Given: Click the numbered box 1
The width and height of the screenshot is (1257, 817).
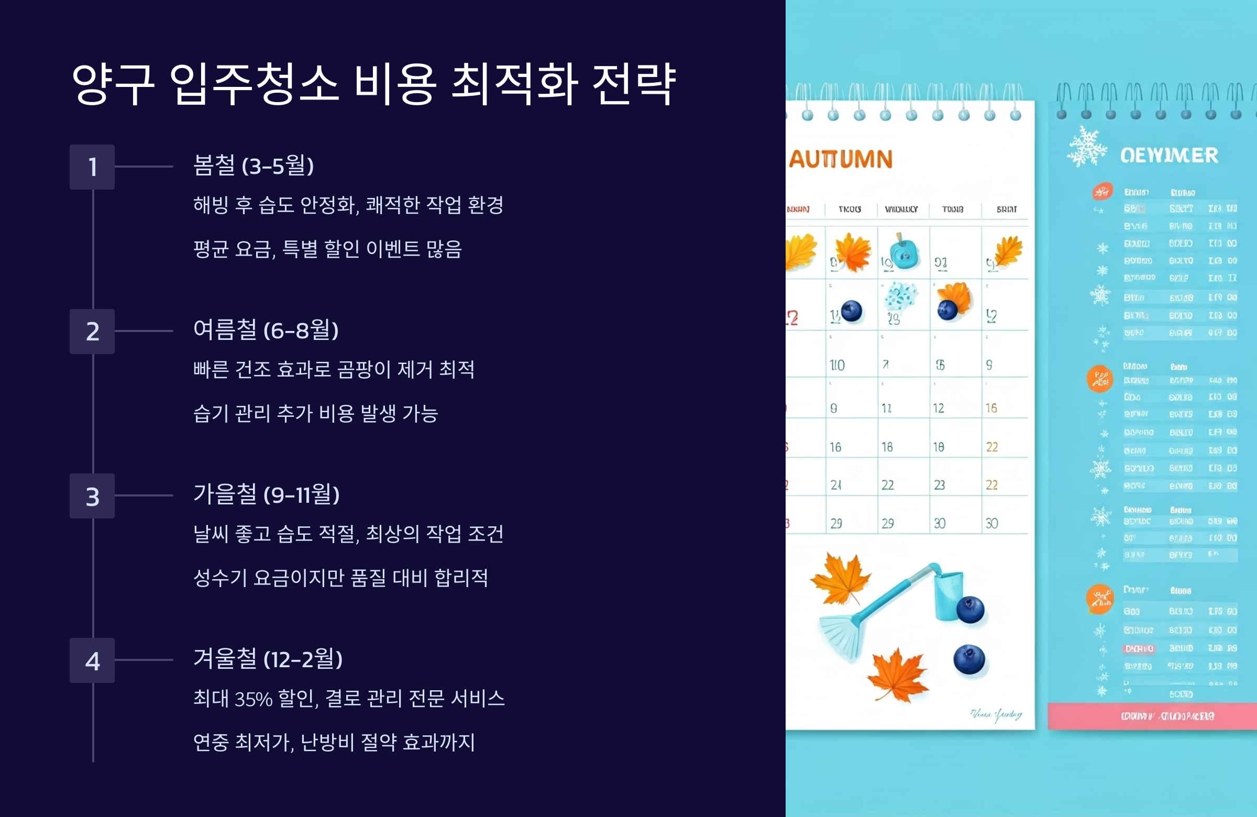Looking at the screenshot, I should [92, 167].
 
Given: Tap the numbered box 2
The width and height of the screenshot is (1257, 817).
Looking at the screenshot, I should [92, 331].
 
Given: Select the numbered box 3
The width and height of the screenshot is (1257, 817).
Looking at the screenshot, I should [92, 496].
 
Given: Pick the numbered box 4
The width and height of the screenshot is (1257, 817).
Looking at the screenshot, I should [92, 660].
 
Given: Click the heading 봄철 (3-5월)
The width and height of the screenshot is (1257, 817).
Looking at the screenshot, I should [253, 166].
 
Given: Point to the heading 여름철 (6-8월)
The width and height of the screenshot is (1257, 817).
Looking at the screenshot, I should [266, 330].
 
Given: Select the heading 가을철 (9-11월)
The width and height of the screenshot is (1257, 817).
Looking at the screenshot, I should [266, 495].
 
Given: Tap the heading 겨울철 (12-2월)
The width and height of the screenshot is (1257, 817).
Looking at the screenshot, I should [268, 659].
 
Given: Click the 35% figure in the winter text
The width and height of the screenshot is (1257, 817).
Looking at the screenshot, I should [253, 699].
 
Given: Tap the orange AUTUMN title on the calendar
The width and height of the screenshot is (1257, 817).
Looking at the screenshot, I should [841, 159].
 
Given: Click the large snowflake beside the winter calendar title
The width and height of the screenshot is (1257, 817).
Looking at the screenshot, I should [1086, 147].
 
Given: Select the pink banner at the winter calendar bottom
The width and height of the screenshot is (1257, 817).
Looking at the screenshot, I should [1151, 716].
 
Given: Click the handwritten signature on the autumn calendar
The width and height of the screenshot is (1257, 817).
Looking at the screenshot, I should [996, 715].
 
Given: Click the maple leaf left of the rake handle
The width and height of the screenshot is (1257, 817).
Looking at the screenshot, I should [840, 578].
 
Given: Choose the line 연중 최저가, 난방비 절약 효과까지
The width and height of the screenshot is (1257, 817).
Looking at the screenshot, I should [334, 743].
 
